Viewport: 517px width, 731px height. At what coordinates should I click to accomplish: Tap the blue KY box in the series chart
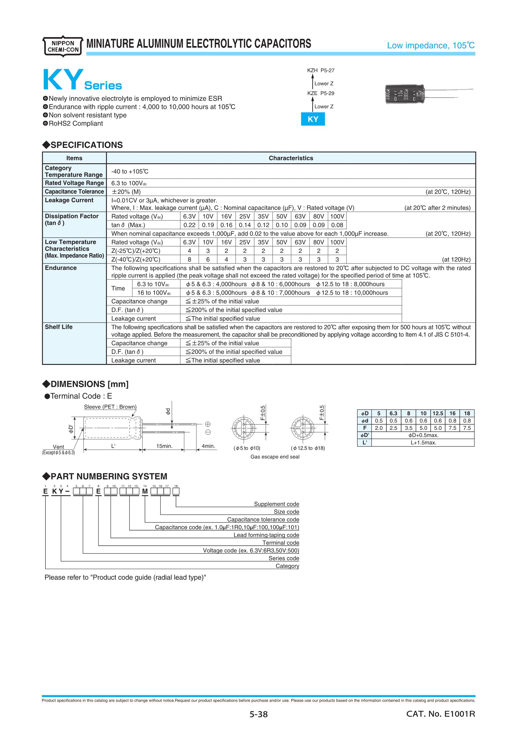point(313,119)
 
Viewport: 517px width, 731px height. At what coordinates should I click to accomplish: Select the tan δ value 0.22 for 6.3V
point(190,225)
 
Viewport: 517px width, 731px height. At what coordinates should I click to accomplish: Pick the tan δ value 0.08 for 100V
point(337,225)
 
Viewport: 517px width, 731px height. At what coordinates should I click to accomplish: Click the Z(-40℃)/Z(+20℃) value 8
point(190,260)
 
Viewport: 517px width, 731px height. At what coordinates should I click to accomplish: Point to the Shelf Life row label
point(59,327)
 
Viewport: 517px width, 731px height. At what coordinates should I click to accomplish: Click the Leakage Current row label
point(69,200)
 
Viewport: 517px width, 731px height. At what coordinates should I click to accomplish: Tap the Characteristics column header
point(291,158)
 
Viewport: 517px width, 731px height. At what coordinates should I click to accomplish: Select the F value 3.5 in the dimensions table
point(408,428)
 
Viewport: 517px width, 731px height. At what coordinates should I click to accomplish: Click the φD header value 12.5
point(438,413)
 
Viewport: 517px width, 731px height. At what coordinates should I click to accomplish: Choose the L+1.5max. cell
point(423,443)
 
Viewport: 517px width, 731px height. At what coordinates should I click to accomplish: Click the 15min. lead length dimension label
point(164,446)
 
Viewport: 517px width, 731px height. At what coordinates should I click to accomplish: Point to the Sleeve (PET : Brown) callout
point(110,407)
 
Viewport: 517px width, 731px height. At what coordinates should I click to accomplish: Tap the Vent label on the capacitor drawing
point(58,447)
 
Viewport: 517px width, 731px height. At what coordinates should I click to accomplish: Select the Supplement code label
point(276,504)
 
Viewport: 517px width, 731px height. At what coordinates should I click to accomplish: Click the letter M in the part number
point(145,492)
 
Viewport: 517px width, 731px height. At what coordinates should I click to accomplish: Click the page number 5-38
point(258,715)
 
